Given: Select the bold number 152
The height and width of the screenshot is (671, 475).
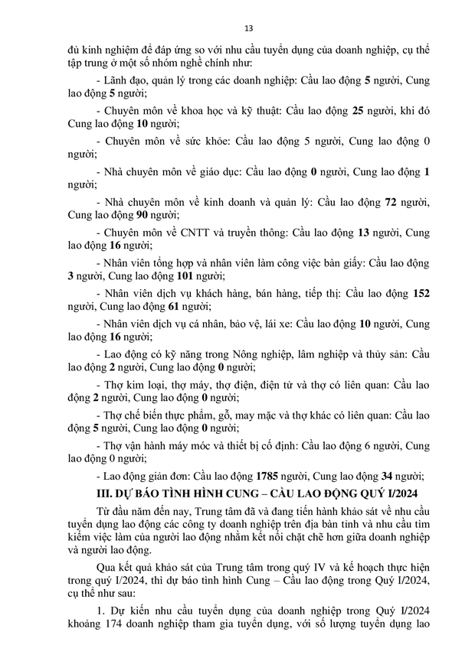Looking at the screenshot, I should (x=421, y=292).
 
